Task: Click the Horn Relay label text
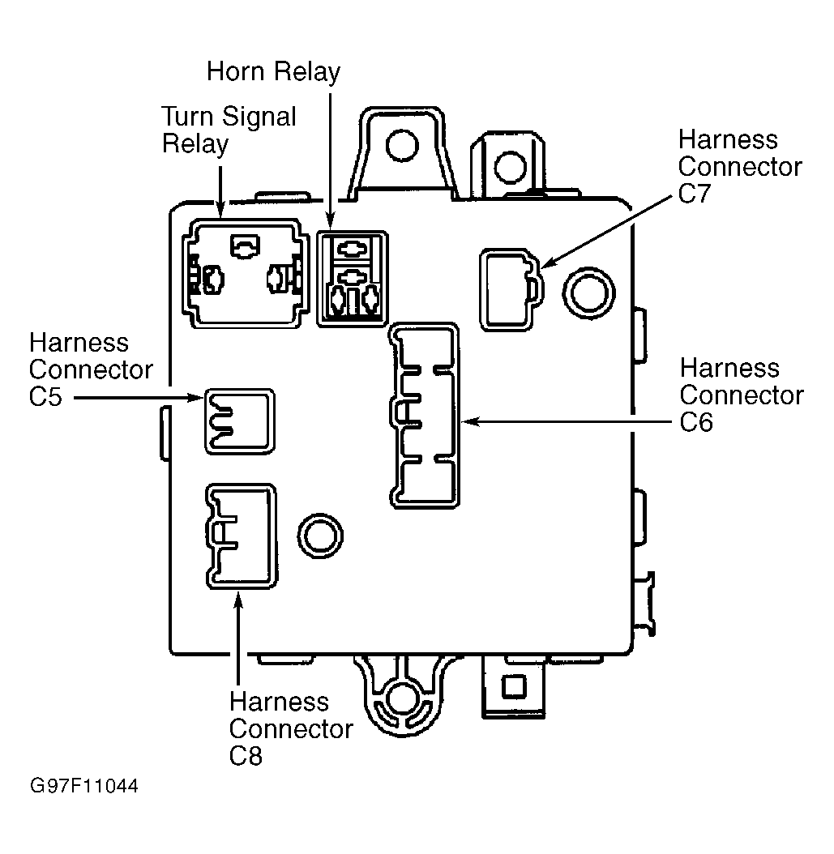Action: (273, 72)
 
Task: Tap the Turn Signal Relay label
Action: (229, 130)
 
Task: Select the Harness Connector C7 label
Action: (740, 166)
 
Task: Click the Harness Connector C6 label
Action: (742, 395)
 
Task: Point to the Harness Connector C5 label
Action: (91, 369)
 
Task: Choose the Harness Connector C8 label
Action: (291, 728)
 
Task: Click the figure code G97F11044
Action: (84, 786)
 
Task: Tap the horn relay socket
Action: (353, 279)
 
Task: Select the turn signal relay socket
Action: (245, 273)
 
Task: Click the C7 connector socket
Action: (511, 290)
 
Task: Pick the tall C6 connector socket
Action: (425, 416)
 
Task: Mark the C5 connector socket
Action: (240, 421)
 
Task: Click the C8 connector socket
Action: (241, 536)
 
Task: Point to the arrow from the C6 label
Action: (567, 421)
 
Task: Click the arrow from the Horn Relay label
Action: (330, 161)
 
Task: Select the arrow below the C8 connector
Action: (238, 638)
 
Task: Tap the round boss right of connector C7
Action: (589, 292)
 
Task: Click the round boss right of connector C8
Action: (320, 536)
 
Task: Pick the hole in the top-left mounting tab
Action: (402, 145)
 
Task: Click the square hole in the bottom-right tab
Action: (513, 686)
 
